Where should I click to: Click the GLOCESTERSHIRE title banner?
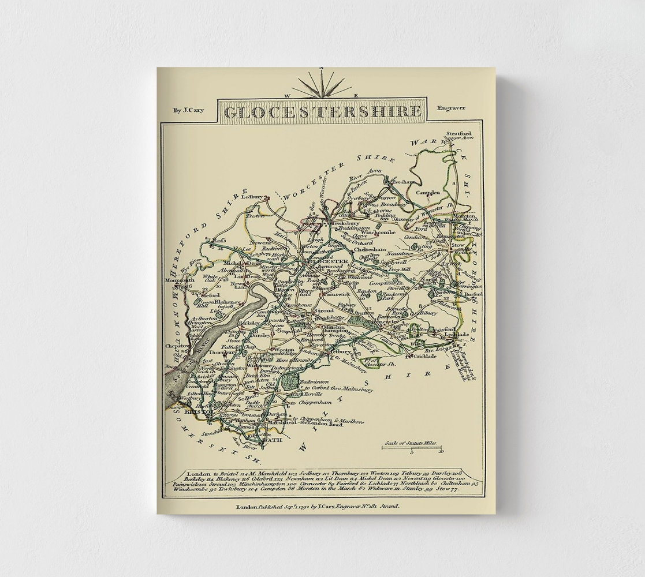pyautogui.click(x=322, y=111)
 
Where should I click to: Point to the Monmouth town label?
pyautogui.click(x=175, y=280)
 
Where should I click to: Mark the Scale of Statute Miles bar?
pyautogui.click(x=412, y=447)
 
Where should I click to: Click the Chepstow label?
pyautogui.click(x=173, y=346)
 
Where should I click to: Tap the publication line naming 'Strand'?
pyautogui.click(x=318, y=506)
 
